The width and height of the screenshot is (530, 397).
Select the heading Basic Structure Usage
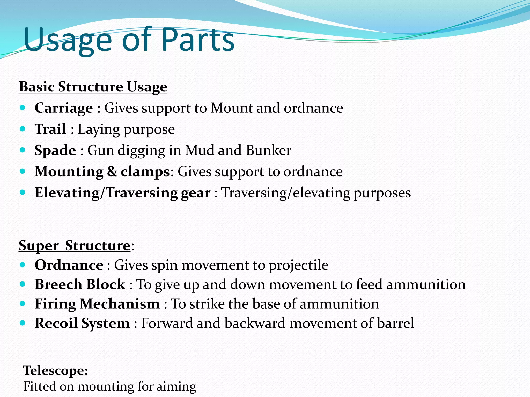93,87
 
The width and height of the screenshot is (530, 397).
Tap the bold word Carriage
64,108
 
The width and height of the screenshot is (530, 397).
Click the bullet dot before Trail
23,128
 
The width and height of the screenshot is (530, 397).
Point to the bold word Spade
55,150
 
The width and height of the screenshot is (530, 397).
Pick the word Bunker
269,150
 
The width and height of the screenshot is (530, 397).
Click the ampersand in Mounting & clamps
112,171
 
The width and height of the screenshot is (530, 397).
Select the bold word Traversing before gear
142,193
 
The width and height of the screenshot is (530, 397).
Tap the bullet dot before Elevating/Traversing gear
23,192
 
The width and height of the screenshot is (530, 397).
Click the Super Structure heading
75,245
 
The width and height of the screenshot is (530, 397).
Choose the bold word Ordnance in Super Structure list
69,265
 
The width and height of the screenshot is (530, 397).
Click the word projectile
298,265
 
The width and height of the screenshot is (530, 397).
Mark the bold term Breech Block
80,284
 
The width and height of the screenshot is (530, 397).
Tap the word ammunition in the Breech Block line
426,284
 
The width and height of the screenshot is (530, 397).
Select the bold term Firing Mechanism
97,304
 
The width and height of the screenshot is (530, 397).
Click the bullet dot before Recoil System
23,323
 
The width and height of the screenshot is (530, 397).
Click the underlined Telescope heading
55,370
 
